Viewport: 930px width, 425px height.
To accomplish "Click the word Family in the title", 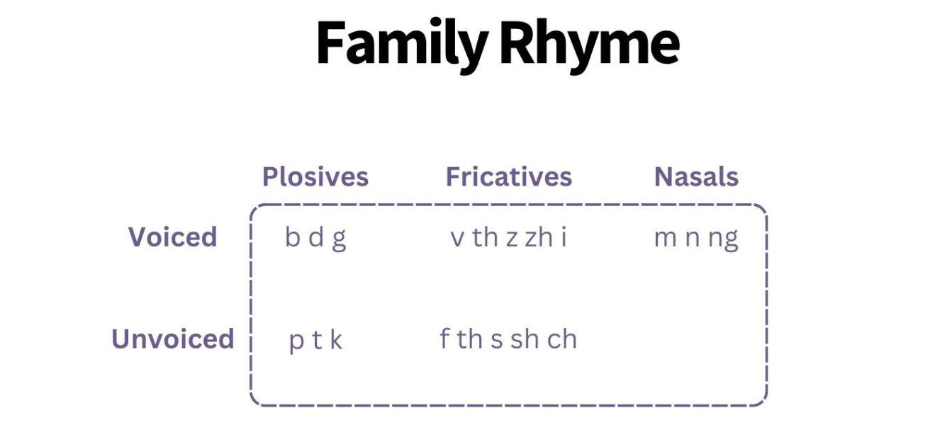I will pos(401,44).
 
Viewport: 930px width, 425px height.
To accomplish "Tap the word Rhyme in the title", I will pos(589,44).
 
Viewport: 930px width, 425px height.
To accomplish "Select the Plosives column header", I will pos(315,176).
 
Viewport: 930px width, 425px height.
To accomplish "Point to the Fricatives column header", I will pos(508,176).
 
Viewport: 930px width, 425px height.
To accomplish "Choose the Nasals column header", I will pos(696,176).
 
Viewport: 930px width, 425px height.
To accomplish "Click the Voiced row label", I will pos(172,237).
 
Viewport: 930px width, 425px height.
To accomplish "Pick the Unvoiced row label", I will pos(172,339).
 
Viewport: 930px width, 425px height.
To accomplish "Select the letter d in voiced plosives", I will pos(316,238).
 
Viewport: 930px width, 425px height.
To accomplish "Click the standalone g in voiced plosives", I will pos(339,239).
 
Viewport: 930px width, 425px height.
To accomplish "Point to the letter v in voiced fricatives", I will pos(456,239).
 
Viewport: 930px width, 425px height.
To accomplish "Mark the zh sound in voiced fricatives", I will pos(539,238).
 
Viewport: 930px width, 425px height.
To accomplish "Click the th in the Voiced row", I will pos(486,238).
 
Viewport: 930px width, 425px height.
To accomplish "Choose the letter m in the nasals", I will pos(665,239).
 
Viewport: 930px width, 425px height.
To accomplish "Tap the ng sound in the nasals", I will pos(723,239).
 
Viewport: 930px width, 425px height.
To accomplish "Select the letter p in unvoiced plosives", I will pos(296,341).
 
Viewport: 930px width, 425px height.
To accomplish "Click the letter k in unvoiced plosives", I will pos(336,340).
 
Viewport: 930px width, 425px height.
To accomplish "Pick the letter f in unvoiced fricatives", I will pos(444,339).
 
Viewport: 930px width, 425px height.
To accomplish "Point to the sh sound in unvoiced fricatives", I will pos(525,339).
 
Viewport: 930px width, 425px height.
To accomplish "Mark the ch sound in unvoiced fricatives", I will pos(562,339).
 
